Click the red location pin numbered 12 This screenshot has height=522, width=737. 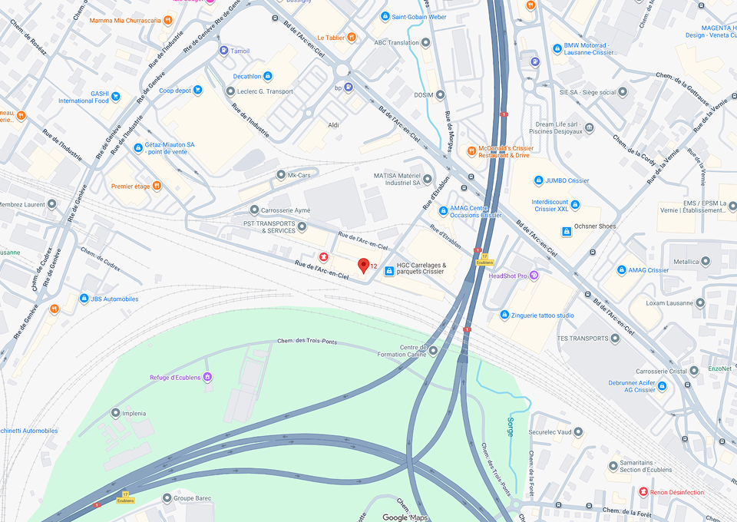tap(364, 266)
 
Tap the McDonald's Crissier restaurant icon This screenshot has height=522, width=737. tap(471, 150)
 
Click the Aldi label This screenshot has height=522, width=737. tap(333, 124)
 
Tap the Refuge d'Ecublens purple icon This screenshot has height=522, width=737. tap(207, 377)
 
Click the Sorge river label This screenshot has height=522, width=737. tap(510, 427)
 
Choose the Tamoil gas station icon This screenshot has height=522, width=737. tap(223, 51)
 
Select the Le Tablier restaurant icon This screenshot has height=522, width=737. tap(352, 37)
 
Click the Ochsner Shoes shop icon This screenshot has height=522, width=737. tap(567, 231)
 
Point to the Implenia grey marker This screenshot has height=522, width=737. tap(116, 413)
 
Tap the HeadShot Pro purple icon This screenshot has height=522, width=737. tap(534, 276)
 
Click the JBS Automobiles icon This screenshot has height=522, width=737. tap(84, 299)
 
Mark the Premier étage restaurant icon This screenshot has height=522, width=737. tap(157, 186)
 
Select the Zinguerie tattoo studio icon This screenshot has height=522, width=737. tap(504, 315)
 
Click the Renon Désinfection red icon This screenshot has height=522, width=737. tap(643, 491)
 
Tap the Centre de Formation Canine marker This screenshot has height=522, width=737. tap(433, 351)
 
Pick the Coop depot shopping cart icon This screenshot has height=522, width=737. tap(198, 90)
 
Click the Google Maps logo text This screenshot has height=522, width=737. tap(405, 517)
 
